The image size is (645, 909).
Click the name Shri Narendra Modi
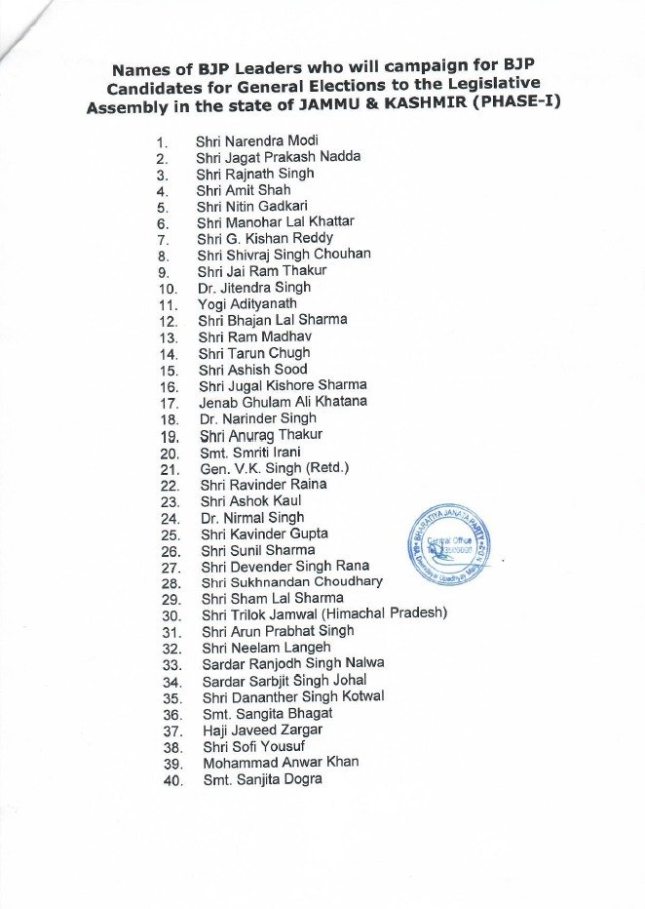[x=249, y=140]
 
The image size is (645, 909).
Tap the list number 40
[x=168, y=780]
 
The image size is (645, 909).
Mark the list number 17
[x=167, y=403]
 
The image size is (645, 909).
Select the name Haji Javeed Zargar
[x=260, y=730]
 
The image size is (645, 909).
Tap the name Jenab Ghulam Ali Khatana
[x=283, y=402]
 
